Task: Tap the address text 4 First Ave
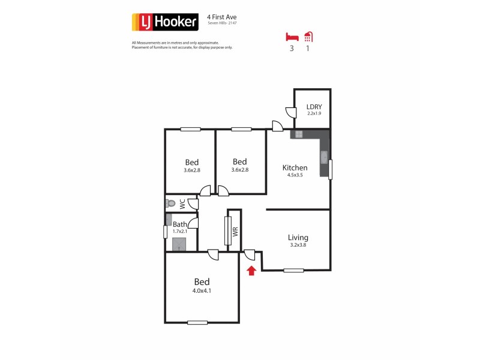(221, 17)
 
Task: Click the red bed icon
(292, 36)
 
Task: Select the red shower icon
(308, 36)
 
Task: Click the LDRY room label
(314, 107)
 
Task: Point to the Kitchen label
(295, 168)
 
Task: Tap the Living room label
(298, 237)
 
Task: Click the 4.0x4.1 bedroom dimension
(202, 290)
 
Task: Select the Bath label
(180, 224)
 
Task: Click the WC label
(182, 203)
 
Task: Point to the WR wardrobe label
(235, 230)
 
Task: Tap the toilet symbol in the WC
(170, 203)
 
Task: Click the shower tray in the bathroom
(179, 244)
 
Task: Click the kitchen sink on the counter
(324, 157)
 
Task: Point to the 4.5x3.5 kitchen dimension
(295, 176)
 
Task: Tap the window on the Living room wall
(293, 271)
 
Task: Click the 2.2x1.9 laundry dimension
(314, 113)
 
